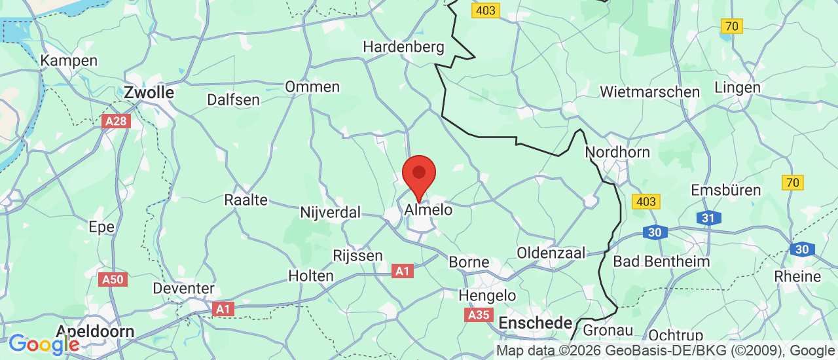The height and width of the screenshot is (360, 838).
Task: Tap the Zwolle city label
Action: click(x=149, y=93)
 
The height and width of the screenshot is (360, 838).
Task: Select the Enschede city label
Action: click(x=536, y=323)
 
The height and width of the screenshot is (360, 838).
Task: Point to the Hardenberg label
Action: click(x=403, y=47)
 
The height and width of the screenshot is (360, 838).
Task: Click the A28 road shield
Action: click(x=117, y=121)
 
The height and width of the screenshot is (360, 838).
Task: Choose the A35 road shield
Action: click(x=479, y=315)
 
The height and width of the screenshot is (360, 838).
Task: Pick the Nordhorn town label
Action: click(x=617, y=153)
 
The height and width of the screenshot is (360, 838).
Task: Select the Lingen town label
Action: click(x=737, y=88)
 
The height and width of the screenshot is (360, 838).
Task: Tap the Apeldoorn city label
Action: click(x=96, y=331)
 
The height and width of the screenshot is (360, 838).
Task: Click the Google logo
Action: click(x=43, y=344)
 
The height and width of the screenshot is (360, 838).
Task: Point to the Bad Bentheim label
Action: click(x=661, y=262)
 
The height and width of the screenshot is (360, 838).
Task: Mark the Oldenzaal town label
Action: click(x=551, y=253)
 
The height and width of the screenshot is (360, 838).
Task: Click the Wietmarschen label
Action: click(x=650, y=92)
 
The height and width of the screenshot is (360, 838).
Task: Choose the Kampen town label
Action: click(x=69, y=61)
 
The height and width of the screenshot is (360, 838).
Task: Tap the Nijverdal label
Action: click(x=331, y=213)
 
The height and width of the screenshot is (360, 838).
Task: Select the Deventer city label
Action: click(x=183, y=288)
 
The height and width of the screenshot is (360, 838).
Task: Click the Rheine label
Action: click(x=797, y=276)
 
